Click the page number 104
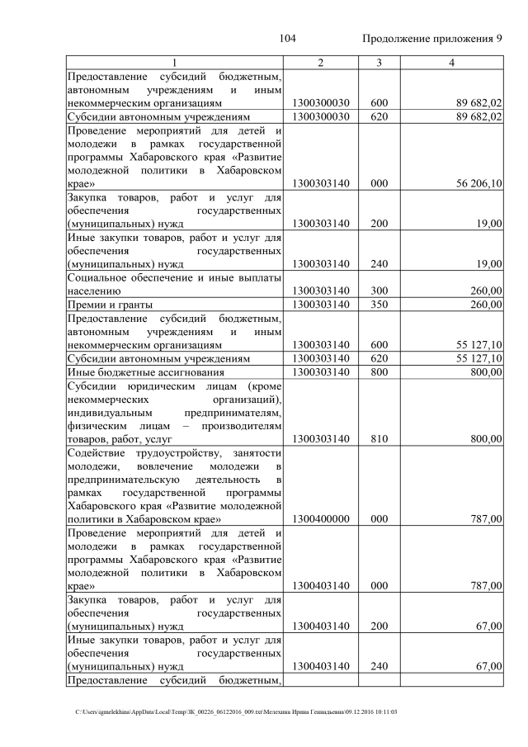click(287, 39)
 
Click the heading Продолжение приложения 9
click(432, 39)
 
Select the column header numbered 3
click(379, 63)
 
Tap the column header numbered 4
click(451, 63)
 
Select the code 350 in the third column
click(379, 305)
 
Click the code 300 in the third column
click(379, 291)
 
